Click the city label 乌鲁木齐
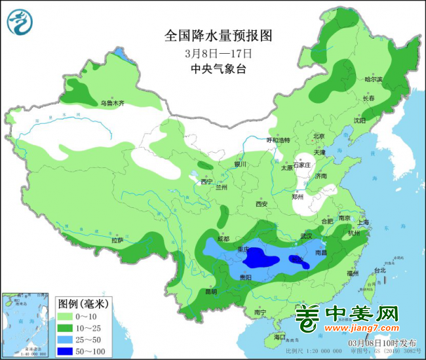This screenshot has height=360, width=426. click(x=112, y=103)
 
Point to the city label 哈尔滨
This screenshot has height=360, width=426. click(x=373, y=79)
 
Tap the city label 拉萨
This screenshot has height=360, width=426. click(x=117, y=241)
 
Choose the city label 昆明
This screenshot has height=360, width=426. click(x=210, y=291)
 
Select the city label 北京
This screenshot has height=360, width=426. click(x=319, y=136)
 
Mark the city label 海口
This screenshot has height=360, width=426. click(x=280, y=337)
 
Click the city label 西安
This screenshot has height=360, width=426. click(x=261, y=205)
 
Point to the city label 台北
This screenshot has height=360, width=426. click(x=379, y=270)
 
